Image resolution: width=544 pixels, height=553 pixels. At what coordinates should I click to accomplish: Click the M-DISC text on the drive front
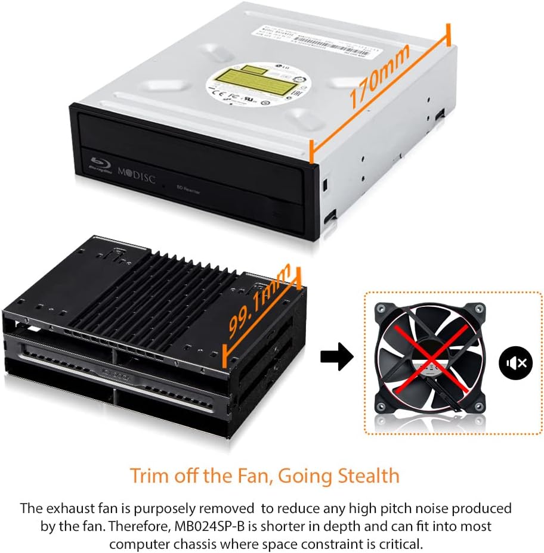tap(136, 174)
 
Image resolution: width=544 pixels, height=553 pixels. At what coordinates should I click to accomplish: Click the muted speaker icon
tap(516, 363)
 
